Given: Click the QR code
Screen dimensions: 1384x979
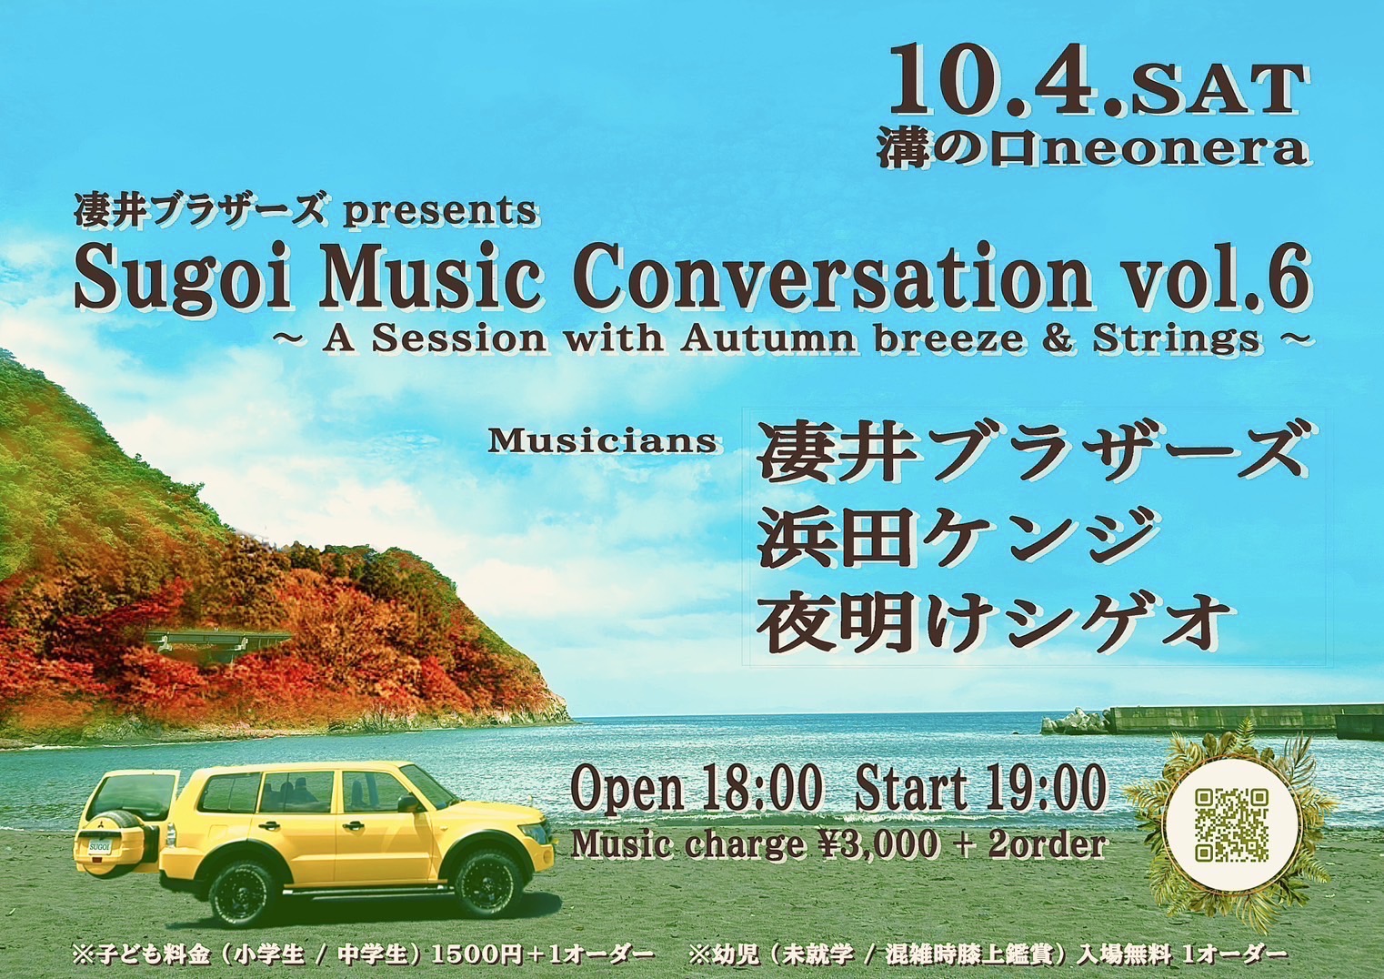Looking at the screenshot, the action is tap(1233, 826).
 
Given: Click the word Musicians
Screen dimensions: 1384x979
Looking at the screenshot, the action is tap(602, 441).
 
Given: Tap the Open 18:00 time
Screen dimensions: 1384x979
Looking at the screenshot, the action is tap(697, 789).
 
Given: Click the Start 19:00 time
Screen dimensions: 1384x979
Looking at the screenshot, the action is tap(980, 789).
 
